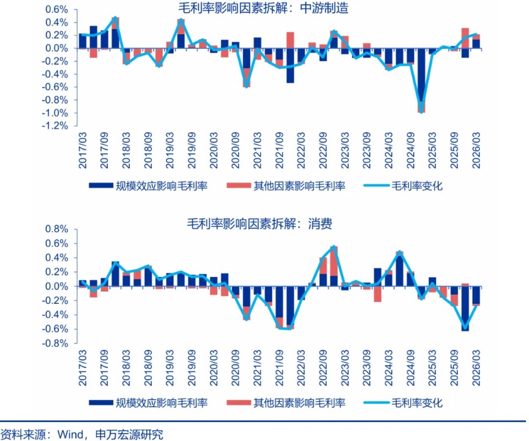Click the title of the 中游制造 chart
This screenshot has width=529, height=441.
pos(263,8)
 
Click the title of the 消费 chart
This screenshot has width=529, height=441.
pos(260,224)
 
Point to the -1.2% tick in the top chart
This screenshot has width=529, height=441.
pos(54,126)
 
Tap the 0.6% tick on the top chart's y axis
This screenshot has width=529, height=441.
pos(57,9)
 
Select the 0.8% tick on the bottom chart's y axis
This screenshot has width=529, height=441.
pos(57,229)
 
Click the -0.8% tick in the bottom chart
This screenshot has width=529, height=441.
pos(54,344)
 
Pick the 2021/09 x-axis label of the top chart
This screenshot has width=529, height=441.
pos(279,150)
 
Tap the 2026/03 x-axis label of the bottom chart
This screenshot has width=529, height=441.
pos(476,367)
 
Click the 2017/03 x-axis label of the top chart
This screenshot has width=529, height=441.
pos(82,150)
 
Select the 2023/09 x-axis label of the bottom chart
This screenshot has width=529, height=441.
pos(367,367)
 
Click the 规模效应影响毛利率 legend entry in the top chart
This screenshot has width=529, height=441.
pos(148,186)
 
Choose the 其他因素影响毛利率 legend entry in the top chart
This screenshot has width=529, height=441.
pos(286,186)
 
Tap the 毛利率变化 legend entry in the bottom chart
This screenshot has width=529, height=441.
pos(403,402)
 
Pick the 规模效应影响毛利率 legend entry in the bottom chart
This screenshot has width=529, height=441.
pos(148,402)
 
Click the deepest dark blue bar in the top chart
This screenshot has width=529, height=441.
pos(421,75)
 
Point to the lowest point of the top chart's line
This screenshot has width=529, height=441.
pos(421,112)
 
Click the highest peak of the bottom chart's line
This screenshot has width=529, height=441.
pos(334,247)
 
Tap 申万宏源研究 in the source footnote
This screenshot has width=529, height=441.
pos(129,434)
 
